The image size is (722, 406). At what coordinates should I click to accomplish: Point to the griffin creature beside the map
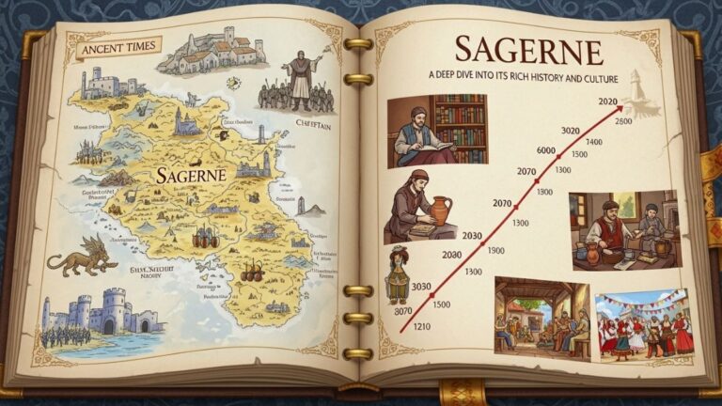click(x=83, y=255)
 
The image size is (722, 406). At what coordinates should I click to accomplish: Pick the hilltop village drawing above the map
click(x=209, y=50)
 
